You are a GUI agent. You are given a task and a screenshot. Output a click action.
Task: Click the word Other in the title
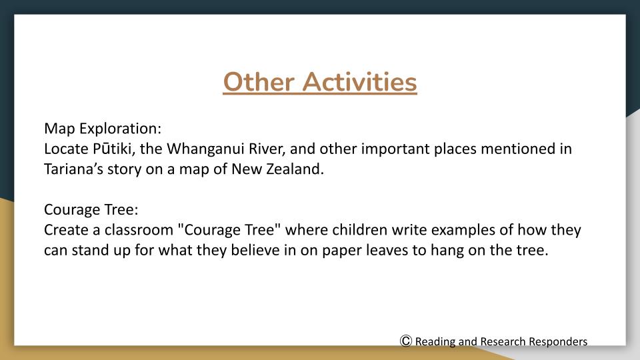[x=259, y=82]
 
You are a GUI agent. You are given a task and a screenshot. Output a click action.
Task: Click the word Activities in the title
[x=359, y=82]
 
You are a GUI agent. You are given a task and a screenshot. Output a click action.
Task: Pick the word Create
[x=66, y=230]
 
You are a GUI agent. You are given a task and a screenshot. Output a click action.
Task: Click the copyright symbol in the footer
[x=406, y=341]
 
